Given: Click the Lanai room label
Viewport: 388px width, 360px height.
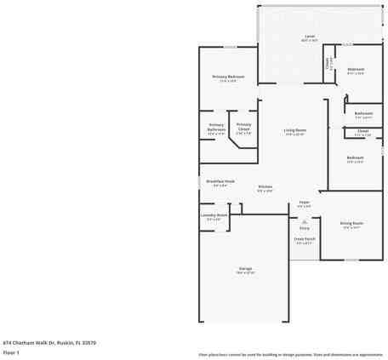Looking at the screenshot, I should click(x=310, y=37).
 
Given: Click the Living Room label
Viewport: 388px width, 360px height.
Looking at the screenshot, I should click(x=295, y=129).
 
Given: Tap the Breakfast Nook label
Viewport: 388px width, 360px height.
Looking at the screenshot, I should click(x=220, y=180).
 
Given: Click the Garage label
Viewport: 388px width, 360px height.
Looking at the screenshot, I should click(x=245, y=269).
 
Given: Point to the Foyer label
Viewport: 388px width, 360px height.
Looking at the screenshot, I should click(x=304, y=202).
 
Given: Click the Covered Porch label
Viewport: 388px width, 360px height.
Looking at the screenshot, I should click(x=305, y=238).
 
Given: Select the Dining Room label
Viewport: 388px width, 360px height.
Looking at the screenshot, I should click(x=351, y=223).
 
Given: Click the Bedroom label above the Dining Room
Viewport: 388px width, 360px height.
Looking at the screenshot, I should click(x=355, y=157).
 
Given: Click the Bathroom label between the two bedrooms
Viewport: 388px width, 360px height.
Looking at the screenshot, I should click(x=363, y=113).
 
